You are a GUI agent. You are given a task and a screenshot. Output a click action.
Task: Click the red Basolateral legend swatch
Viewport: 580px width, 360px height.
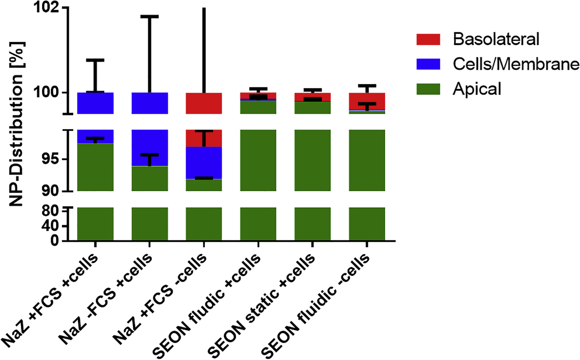pyautogui.click(x=428, y=39)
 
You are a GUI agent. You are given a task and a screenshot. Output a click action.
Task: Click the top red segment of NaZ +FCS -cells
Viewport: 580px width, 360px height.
pyautogui.click(x=204, y=103)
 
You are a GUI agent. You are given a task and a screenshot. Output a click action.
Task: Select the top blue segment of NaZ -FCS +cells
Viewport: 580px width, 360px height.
pyautogui.click(x=150, y=103)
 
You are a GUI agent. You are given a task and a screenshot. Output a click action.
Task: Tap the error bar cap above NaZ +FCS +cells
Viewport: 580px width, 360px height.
pyautogui.click(x=95, y=60)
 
